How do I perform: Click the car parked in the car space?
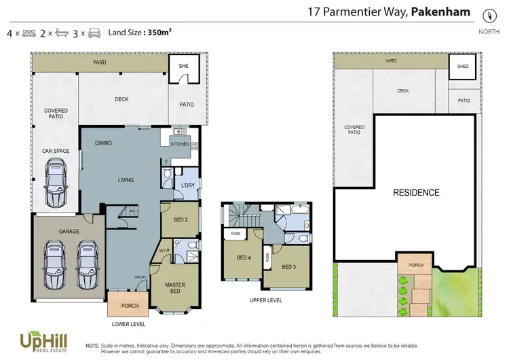click(56, 184)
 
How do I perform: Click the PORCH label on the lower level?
click(129, 306)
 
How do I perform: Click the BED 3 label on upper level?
click(290, 266)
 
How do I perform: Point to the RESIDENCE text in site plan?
click(416, 193)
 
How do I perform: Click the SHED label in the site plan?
click(464, 67)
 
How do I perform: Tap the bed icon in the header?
click(29, 33)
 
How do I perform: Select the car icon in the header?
click(94, 33)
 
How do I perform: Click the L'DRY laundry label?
click(187, 185)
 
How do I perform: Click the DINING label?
click(103, 143)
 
